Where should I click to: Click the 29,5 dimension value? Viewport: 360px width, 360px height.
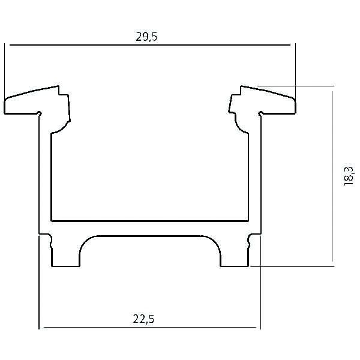tap(146, 37)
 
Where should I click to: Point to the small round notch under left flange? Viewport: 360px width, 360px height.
tap(40, 113)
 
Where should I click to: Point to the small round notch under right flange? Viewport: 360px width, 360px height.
tap(260, 113)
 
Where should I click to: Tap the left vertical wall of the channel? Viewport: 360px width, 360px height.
tap(45, 174)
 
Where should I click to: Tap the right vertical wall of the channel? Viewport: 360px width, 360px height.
tap(255, 174)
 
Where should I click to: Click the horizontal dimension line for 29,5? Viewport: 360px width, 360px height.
tap(90, 45)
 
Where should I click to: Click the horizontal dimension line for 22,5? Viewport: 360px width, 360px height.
tap(90, 328)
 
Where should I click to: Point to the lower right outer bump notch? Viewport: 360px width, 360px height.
tap(248, 243)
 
